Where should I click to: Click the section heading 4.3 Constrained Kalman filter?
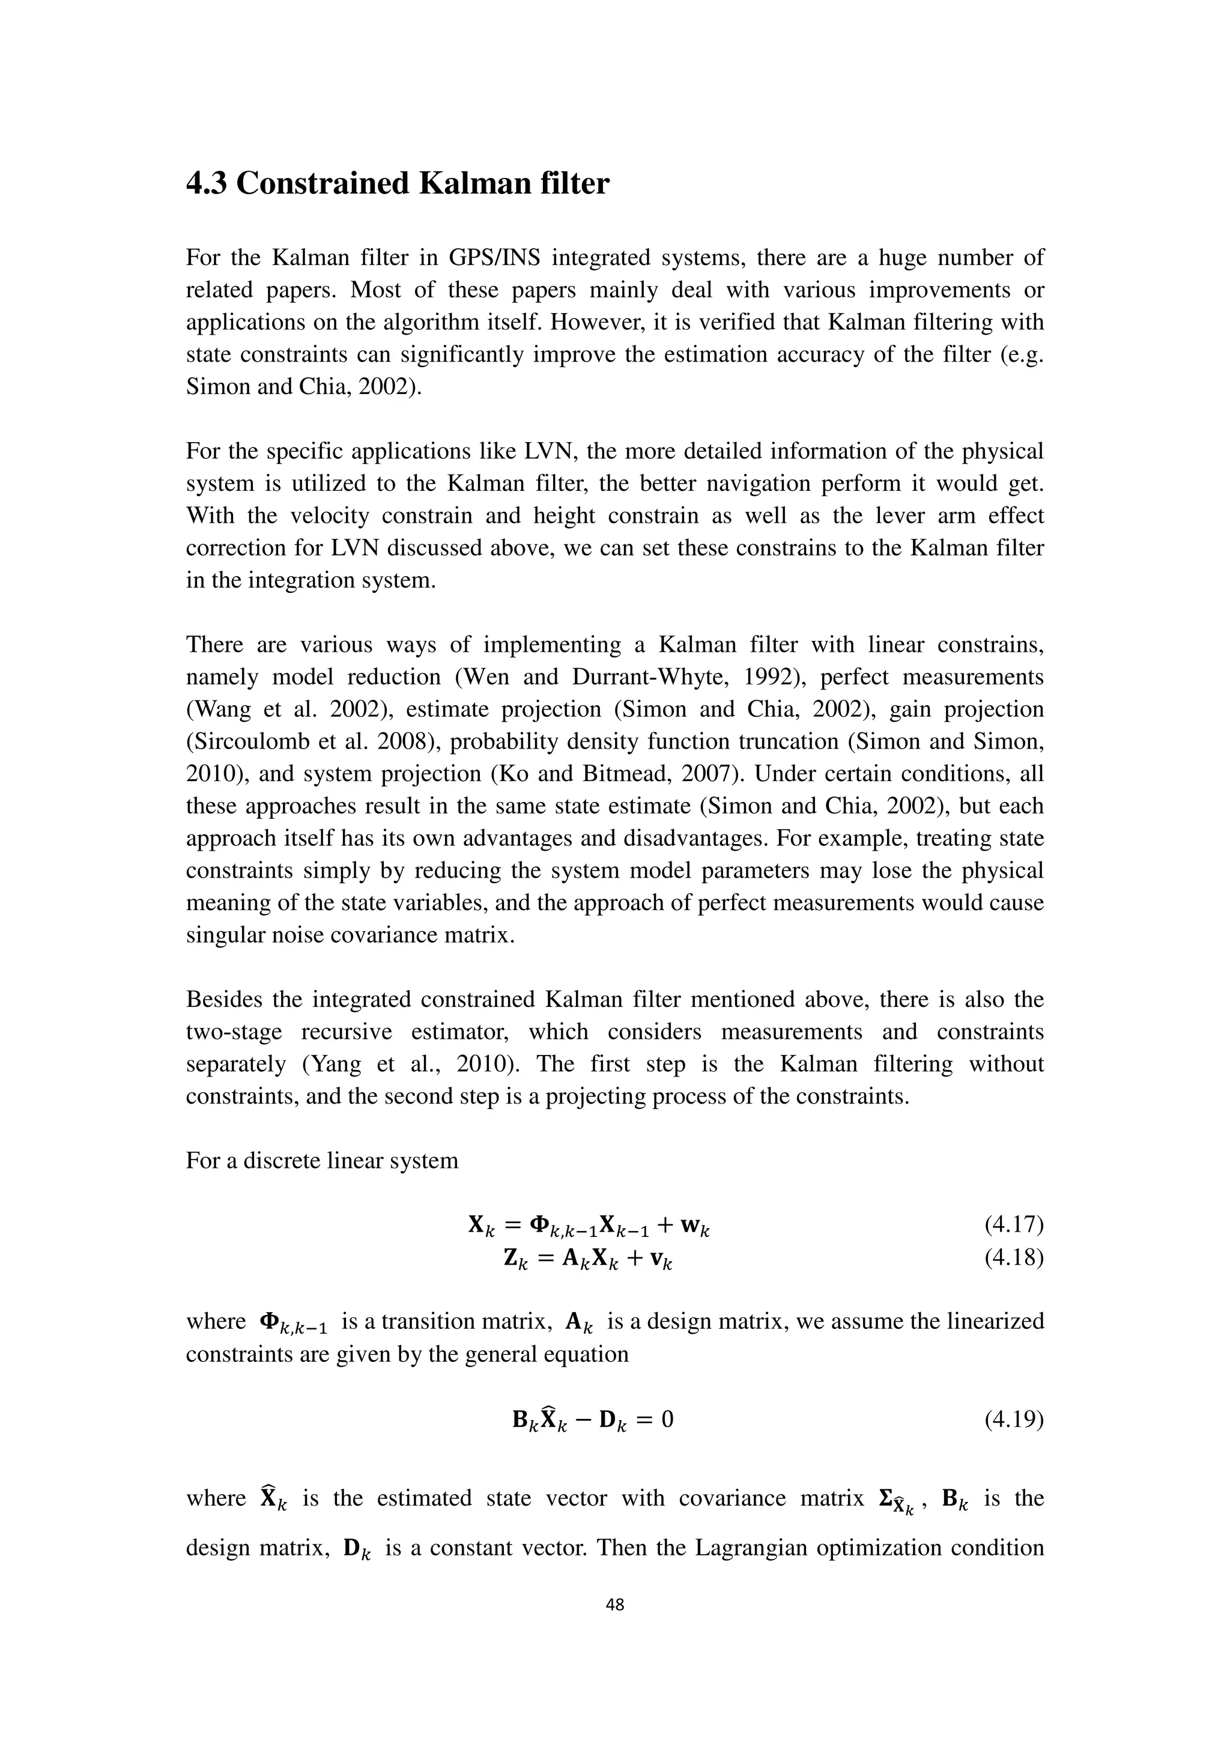[397, 184]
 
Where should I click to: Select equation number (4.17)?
[1013, 1224]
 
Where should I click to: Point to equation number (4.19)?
[1013, 1419]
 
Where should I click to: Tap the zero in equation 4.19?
[667, 1419]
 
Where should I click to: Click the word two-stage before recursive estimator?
[234, 1032]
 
